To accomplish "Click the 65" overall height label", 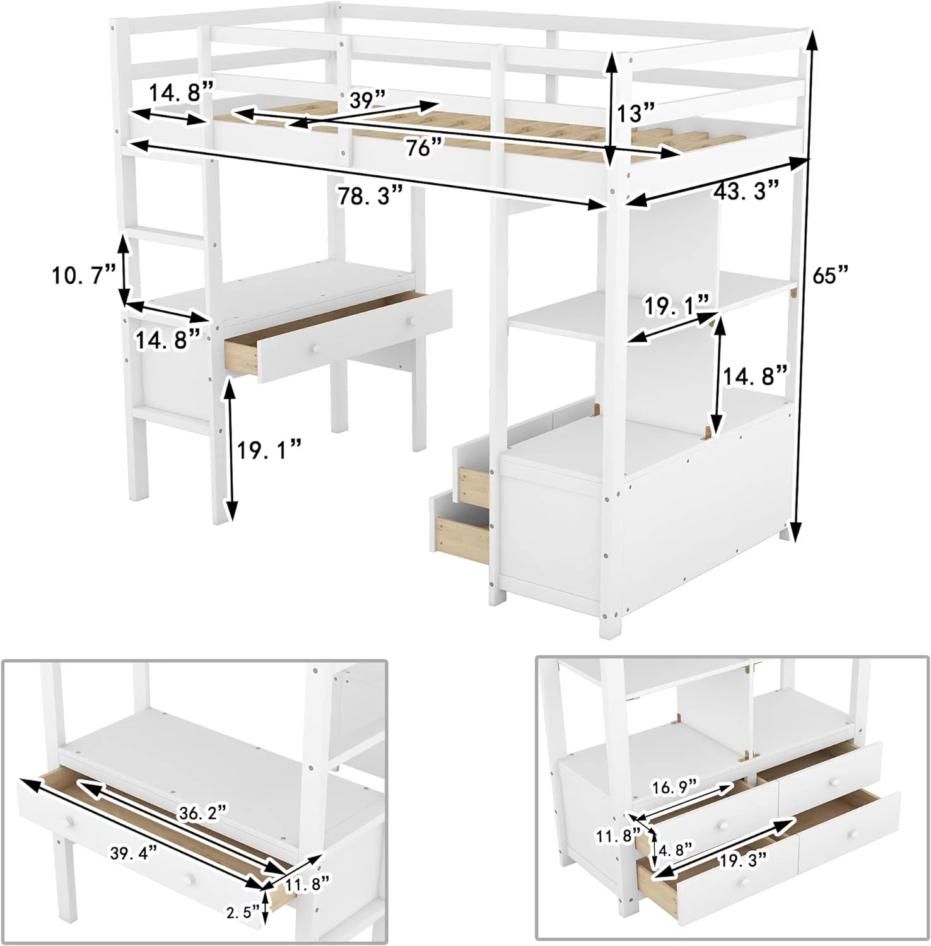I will click(831, 275).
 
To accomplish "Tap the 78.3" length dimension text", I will click(370, 196).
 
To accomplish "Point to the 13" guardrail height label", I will click(636, 114).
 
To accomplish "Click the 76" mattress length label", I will click(423, 148).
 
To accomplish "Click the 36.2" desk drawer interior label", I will click(201, 813).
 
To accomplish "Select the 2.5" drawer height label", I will click(243, 912).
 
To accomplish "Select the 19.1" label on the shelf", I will click(677, 307).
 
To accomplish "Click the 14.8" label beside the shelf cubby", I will click(755, 377).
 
